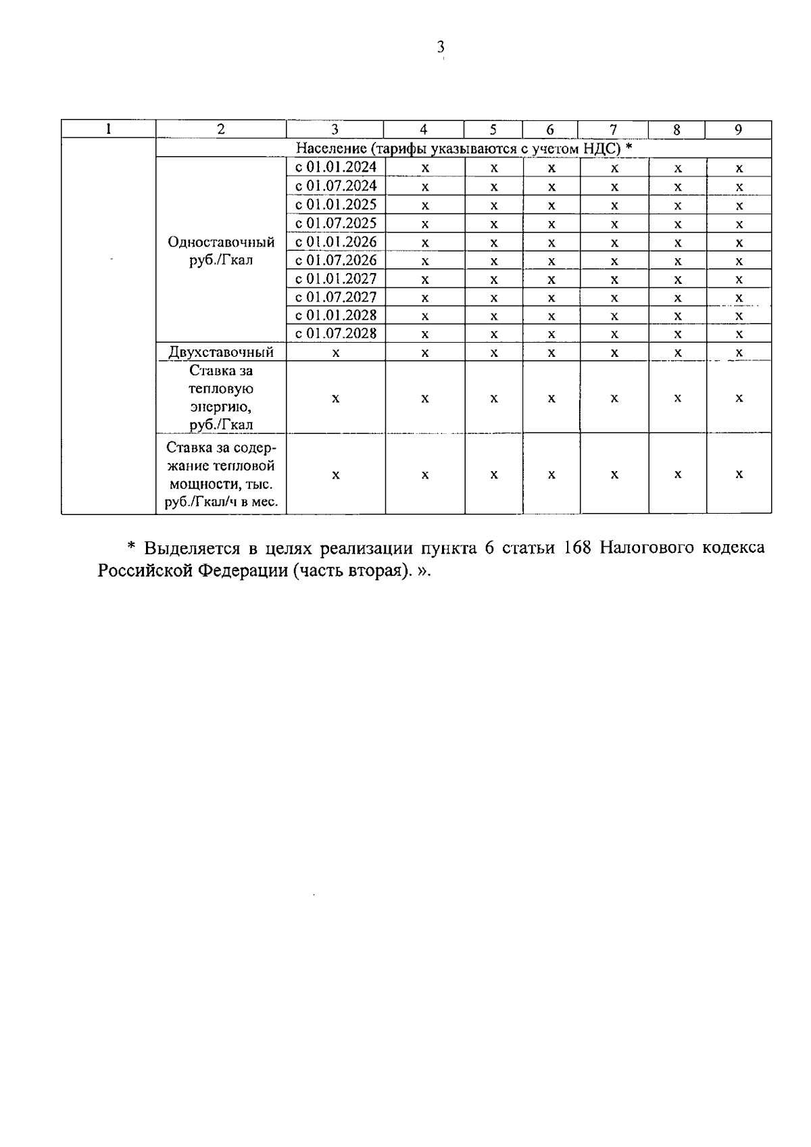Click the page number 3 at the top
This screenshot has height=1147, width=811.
point(441,47)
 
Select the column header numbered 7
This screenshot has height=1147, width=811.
point(613,130)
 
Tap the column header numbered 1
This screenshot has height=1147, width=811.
point(108,130)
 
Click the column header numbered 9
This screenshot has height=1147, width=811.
point(739,130)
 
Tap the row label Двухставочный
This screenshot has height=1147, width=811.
point(221,352)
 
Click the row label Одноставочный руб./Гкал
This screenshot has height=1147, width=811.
point(221,251)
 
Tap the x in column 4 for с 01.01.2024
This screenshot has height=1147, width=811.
point(424,168)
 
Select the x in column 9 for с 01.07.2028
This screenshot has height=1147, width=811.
point(739,334)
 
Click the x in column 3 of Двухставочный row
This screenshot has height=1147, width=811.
point(335,353)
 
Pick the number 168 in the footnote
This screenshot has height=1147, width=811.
point(578,547)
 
